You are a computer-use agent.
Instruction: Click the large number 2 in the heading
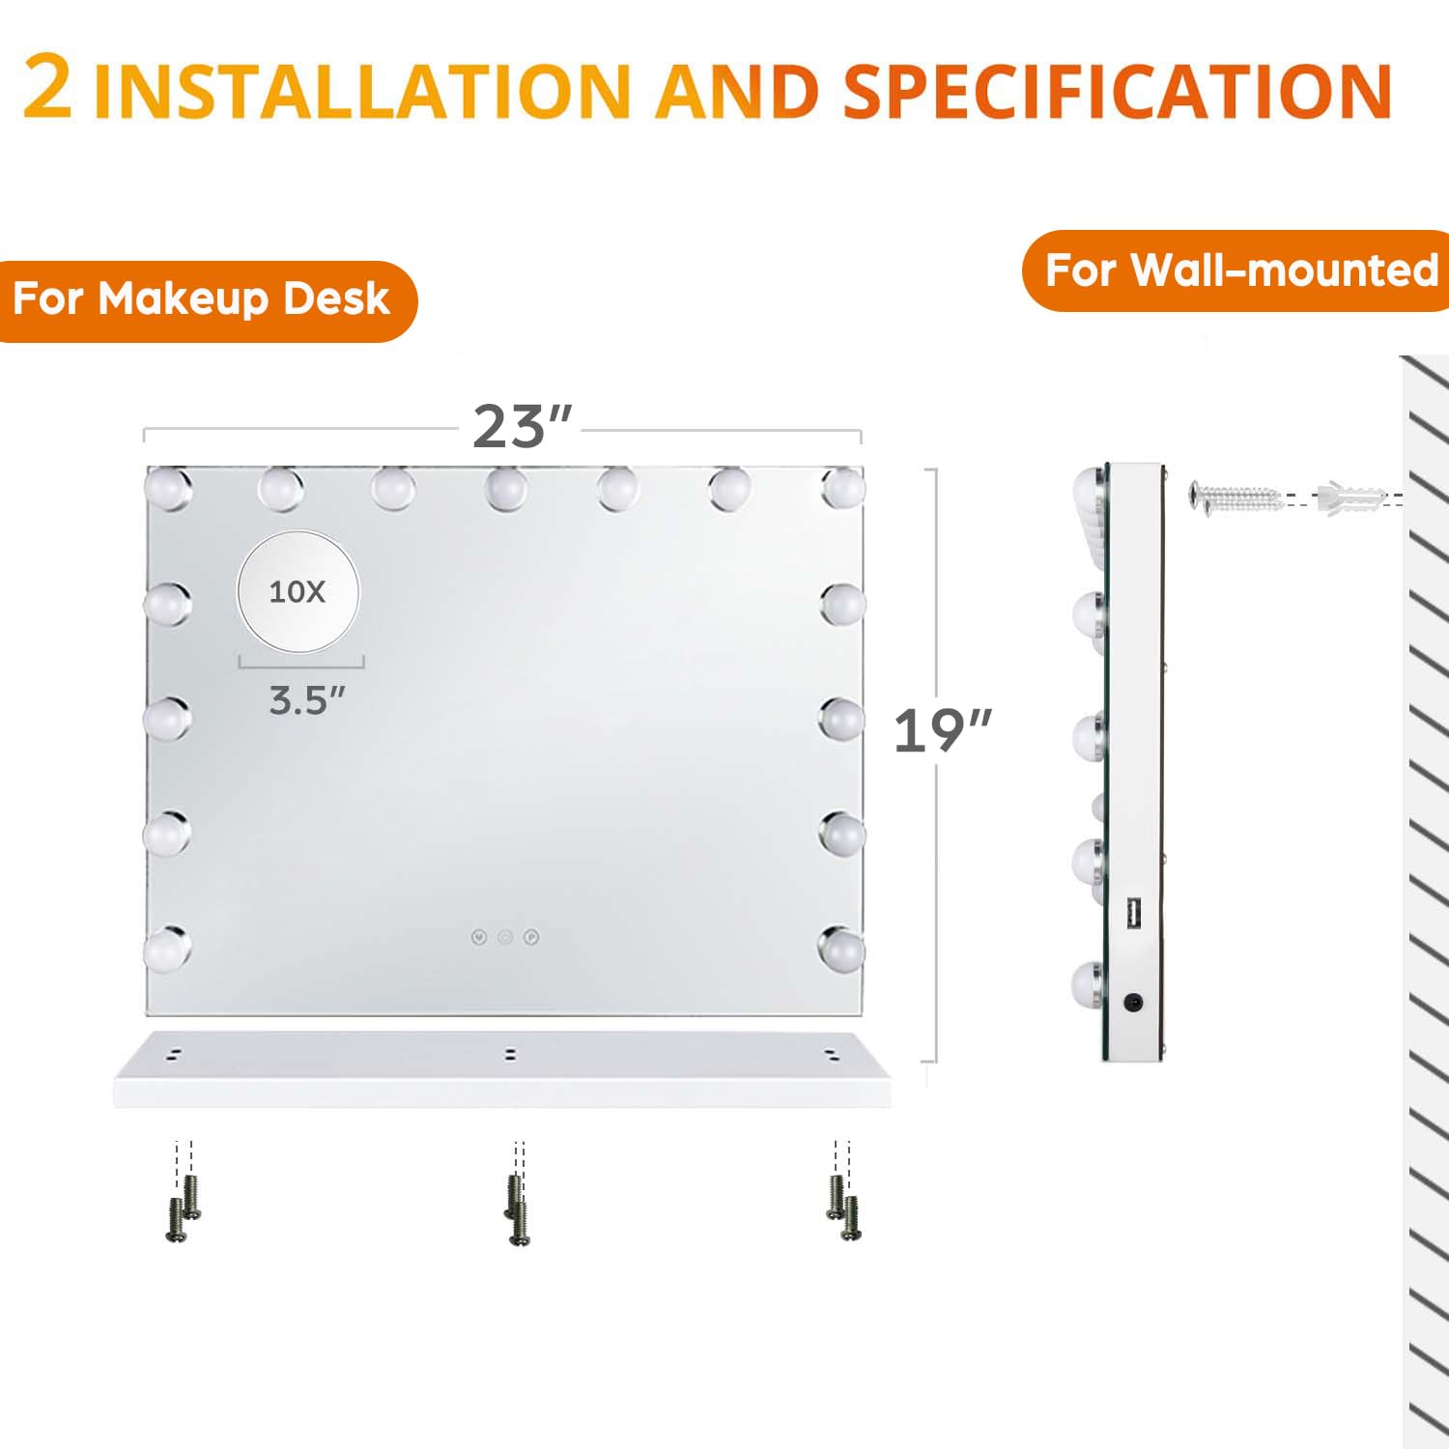tap(47, 86)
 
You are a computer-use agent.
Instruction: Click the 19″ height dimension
tap(942, 731)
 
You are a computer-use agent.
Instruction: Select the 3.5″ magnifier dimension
tap(306, 700)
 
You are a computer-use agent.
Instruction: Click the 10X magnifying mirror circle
tap(298, 591)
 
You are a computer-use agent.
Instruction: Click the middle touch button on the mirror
tap(505, 937)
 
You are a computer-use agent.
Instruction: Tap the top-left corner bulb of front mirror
tap(169, 488)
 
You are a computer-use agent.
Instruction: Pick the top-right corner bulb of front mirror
tap(842, 488)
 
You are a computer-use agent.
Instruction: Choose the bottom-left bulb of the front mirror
tap(168, 949)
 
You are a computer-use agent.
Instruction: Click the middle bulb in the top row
tap(506, 488)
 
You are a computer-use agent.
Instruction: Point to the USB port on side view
tap(1133, 914)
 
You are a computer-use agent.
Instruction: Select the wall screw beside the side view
tap(1236, 497)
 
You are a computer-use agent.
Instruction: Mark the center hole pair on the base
tap(510, 1054)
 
